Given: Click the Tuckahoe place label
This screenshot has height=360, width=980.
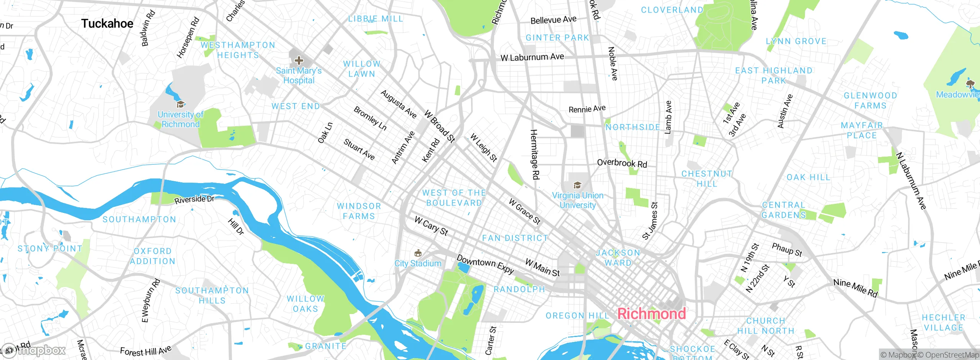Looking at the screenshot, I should click(x=107, y=24).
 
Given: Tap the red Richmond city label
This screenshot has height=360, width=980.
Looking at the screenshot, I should click(x=652, y=314).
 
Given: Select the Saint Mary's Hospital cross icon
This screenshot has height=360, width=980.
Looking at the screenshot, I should click(x=299, y=61).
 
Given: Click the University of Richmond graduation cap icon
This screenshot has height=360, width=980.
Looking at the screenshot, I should click(x=180, y=104).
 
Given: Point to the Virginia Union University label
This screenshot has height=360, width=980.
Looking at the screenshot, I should click(x=578, y=200).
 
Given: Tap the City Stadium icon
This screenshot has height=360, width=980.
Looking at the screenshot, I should click(x=418, y=253).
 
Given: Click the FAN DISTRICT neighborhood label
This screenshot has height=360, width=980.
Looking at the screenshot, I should click(x=515, y=238).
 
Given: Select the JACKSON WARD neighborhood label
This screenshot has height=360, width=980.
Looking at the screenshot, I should click(x=618, y=258).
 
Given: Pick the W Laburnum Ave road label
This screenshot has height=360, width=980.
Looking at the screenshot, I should click(x=532, y=57).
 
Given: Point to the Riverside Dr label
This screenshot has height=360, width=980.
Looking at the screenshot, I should click(x=194, y=200).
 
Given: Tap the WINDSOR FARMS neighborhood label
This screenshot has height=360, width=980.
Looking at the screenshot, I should click(x=359, y=211).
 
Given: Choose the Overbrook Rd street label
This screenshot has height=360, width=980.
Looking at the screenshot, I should click(x=622, y=163).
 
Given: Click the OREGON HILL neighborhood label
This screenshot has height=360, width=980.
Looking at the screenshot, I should click(x=577, y=316).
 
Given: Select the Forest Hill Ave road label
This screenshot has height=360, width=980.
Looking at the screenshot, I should click(x=145, y=351).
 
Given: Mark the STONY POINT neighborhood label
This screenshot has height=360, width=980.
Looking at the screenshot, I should click(x=50, y=249).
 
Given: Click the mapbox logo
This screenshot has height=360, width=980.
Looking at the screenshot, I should click(x=34, y=350).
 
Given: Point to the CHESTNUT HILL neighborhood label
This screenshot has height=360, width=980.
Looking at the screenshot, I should click(x=707, y=178).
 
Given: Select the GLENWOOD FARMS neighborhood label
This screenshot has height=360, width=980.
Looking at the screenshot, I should click(x=870, y=100).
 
